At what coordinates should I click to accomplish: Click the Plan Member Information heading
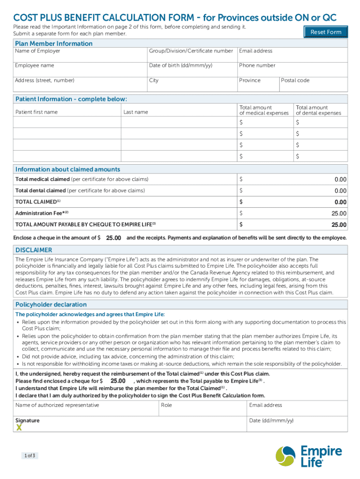pos(54,44)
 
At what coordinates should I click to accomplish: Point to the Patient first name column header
pos(36,112)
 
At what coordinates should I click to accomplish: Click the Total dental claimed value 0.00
pos(340,191)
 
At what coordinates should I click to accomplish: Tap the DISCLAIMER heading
pos(34,250)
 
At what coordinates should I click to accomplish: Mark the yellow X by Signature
pos(19,428)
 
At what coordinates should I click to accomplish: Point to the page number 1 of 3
pos(30,455)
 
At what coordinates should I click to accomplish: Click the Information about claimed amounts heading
pos(67,169)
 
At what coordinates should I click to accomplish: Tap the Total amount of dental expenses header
pos(318,110)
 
